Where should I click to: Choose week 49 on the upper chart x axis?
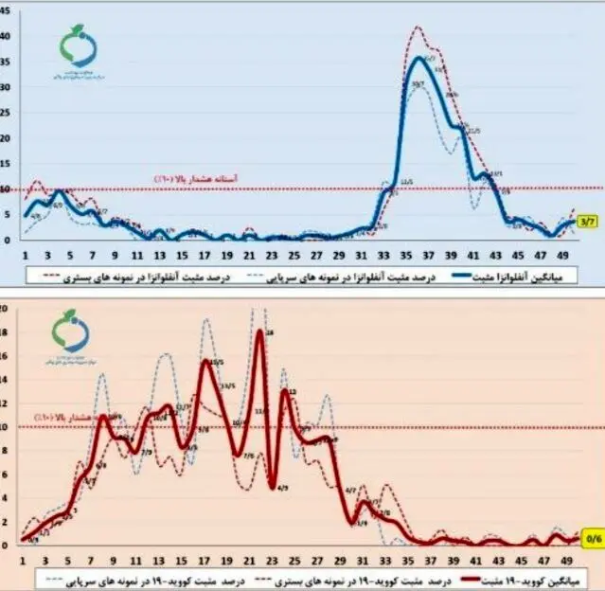(x=565, y=255)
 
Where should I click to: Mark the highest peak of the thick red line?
(x=259, y=331)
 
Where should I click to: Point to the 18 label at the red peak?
(x=270, y=332)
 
